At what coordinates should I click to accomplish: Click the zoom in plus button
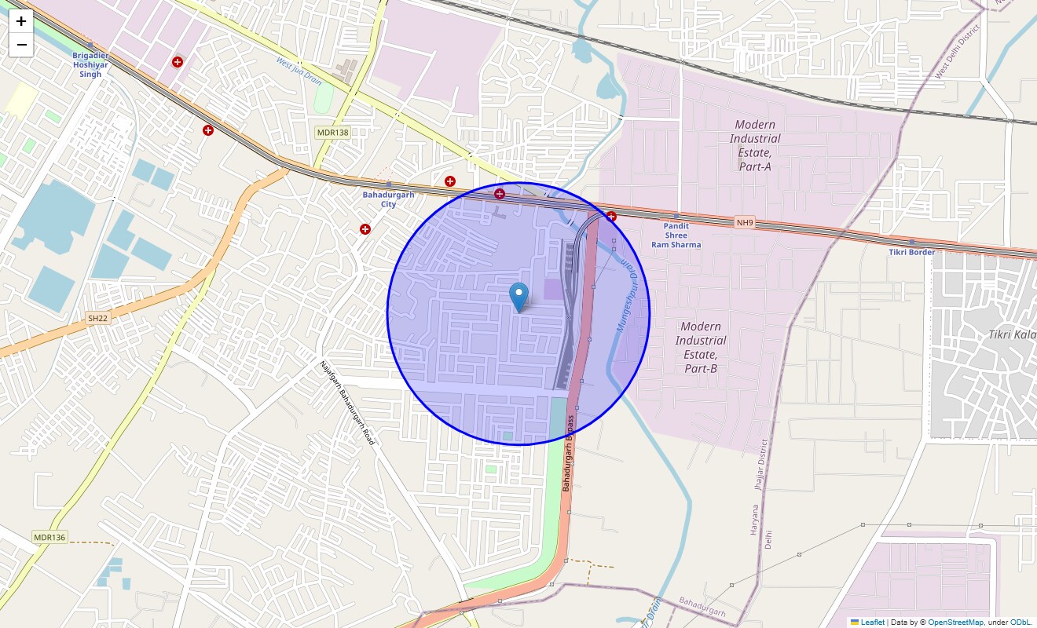click(x=21, y=21)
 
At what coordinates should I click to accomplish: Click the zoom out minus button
click(x=21, y=45)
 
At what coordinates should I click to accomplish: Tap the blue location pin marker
click(x=518, y=297)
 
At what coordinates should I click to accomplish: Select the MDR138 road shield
click(x=332, y=133)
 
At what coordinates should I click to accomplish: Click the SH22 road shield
click(x=97, y=318)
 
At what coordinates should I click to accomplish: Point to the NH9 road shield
click(x=745, y=223)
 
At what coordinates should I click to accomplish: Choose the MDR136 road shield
click(x=49, y=538)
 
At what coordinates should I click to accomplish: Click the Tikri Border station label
click(x=911, y=252)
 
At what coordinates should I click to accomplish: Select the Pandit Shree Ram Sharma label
click(x=676, y=235)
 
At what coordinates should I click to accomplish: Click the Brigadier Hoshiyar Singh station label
click(x=90, y=64)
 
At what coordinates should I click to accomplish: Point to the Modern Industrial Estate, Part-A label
click(x=755, y=145)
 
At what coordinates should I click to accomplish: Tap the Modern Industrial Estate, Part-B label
click(x=701, y=347)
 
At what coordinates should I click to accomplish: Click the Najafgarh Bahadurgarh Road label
click(x=347, y=403)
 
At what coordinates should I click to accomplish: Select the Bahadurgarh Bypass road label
click(x=569, y=454)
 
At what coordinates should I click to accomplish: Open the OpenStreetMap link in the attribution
click(x=955, y=622)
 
